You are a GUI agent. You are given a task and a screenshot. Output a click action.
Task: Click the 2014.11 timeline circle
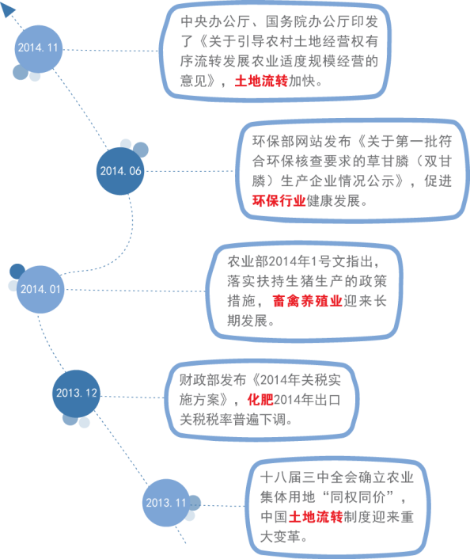tap(39, 49)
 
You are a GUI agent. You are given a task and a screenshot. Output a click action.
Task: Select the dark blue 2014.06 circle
tap(120, 171)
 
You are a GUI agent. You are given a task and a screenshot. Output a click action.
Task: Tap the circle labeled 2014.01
tap(40, 290)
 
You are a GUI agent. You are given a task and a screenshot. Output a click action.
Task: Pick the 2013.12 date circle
tap(76, 394)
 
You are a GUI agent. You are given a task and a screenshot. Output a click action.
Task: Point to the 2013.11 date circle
tap(166, 503)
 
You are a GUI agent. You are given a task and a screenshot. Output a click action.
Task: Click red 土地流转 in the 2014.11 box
tap(261, 82)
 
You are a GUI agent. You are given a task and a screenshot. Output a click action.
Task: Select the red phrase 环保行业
tap(279, 201)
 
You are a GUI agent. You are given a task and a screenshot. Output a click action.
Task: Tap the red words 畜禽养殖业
tap(308, 301)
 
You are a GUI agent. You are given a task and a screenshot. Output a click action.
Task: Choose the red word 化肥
tap(260, 400)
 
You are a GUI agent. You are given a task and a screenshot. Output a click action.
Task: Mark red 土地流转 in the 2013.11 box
tap(316, 516)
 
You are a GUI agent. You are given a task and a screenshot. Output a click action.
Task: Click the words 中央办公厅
tap(215, 21)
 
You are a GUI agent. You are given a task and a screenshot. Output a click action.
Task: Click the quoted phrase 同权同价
tap(358, 496)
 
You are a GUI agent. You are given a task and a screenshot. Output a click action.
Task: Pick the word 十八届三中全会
tap(309, 477)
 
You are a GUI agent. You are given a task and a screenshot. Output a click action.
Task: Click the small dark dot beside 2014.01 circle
tap(17, 271)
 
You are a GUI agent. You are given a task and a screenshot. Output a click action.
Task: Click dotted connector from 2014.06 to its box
tap(190, 171)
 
